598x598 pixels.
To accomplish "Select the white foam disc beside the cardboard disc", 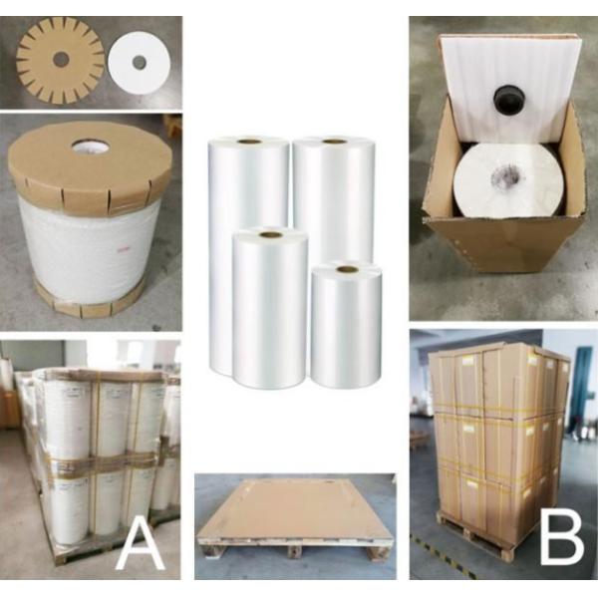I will click(x=139, y=63).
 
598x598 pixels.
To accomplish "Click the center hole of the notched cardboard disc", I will click(x=61, y=60).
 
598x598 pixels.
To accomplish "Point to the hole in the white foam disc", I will click(x=139, y=63).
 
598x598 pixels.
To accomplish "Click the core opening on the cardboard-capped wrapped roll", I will click(x=91, y=148).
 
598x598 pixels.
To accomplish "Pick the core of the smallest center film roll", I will click(x=346, y=269).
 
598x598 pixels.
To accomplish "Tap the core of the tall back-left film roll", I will click(x=248, y=142).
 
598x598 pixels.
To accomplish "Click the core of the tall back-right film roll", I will click(x=334, y=142).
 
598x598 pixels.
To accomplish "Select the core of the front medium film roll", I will click(x=270, y=234).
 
